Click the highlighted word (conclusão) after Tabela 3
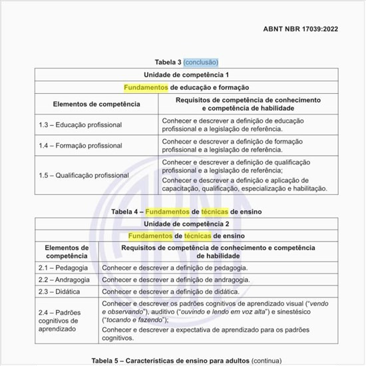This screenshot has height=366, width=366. point(201,62)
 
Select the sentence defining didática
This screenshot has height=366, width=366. point(170,291)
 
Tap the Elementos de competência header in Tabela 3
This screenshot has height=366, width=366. point(96,104)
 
